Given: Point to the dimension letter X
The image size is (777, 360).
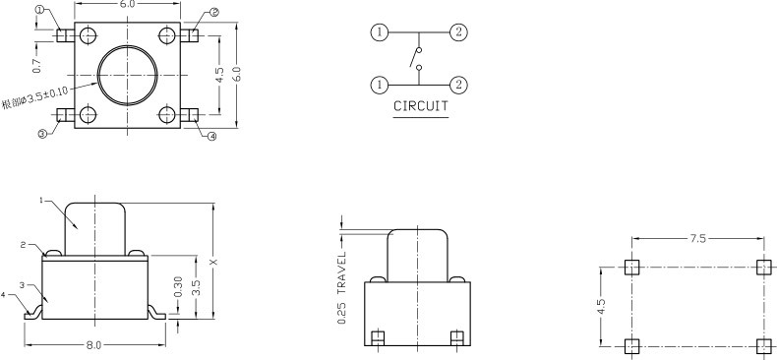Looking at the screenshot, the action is tap(214, 262).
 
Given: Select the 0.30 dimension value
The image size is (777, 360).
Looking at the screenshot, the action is tap(178, 286).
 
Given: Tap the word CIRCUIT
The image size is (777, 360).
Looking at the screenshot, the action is tap(421, 105).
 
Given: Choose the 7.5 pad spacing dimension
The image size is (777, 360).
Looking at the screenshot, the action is tap(697, 238).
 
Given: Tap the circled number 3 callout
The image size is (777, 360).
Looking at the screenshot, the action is tap(42, 134).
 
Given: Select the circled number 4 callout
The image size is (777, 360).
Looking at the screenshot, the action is tap(212, 136).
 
